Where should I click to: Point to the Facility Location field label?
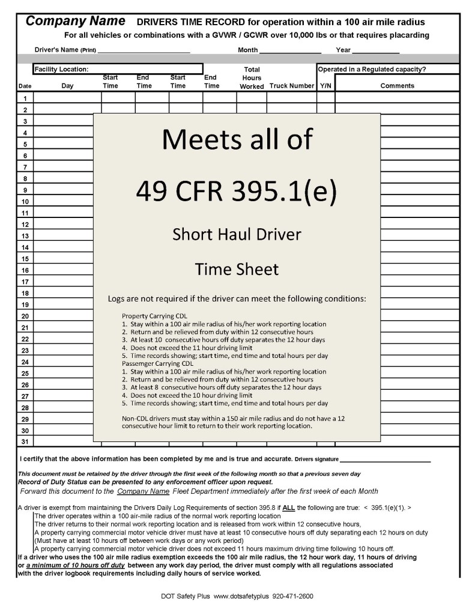click(x=62, y=69)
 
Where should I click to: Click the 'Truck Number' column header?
click(x=292, y=86)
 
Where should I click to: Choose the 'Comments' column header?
click(x=397, y=86)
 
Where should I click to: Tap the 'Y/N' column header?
click(x=325, y=86)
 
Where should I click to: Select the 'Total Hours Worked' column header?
click(x=252, y=78)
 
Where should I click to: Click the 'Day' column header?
click(x=67, y=86)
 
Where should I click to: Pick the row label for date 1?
click(x=25, y=98)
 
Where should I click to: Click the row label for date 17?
click(x=25, y=282)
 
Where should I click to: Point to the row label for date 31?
click(x=25, y=442)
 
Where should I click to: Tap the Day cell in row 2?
click(x=67, y=109)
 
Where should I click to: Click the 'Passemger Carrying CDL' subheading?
click(x=157, y=363)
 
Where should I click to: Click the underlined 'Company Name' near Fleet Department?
click(x=143, y=491)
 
